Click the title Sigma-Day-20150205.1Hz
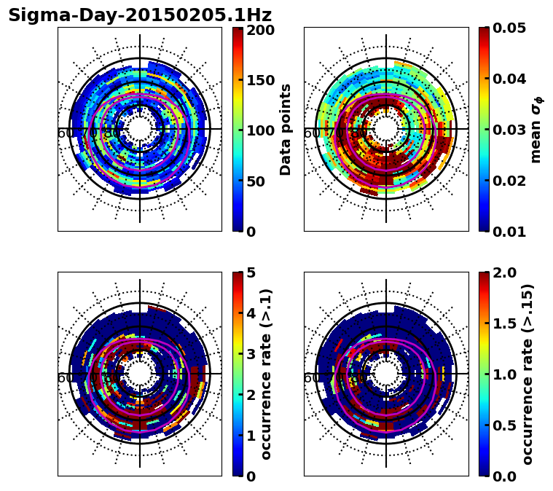[x=140, y=15]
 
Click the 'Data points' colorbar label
[x=286, y=130]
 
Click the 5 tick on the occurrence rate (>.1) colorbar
[x=251, y=272]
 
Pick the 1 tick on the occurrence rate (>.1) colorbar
[x=251, y=436]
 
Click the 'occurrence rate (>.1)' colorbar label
[x=266, y=374]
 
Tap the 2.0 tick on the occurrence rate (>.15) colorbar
[x=501, y=272]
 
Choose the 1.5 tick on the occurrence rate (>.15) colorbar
[x=501, y=323]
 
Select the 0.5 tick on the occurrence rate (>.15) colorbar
[x=501, y=425]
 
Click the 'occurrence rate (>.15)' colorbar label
[x=527, y=374]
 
